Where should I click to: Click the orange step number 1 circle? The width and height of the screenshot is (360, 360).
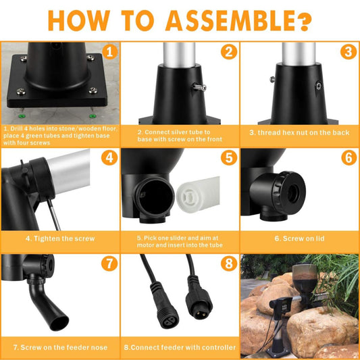pyautogui.click(x=110, y=52)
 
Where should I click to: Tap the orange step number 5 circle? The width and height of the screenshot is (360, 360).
pyautogui.click(x=229, y=157)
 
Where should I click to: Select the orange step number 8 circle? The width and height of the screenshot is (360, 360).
pyautogui.click(x=229, y=263)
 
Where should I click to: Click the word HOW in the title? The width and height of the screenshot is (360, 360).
pyautogui.click(x=79, y=20)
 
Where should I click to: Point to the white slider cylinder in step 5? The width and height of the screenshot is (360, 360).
pyautogui.click(x=198, y=195)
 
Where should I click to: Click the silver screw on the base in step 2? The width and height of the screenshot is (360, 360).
pyautogui.click(x=199, y=87)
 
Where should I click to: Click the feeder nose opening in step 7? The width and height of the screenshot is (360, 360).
pyautogui.click(x=59, y=323)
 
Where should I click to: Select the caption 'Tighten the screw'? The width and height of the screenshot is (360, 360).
pyautogui.click(x=60, y=238)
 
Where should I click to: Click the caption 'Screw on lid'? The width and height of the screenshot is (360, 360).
pyautogui.click(x=300, y=238)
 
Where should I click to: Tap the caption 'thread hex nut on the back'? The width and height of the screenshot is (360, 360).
pyautogui.click(x=299, y=132)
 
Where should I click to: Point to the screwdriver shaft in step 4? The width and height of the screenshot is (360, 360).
pyautogui.click(x=54, y=215)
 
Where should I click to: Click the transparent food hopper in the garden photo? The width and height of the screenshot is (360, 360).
pyautogui.click(x=305, y=278)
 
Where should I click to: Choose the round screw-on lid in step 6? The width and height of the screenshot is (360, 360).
pyautogui.click(x=289, y=193)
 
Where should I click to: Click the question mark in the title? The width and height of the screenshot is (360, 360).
pyautogui.click(x=305, y=21)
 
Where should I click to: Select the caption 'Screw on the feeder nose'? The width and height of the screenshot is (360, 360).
pyautogui.click(x=60, y=347)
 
